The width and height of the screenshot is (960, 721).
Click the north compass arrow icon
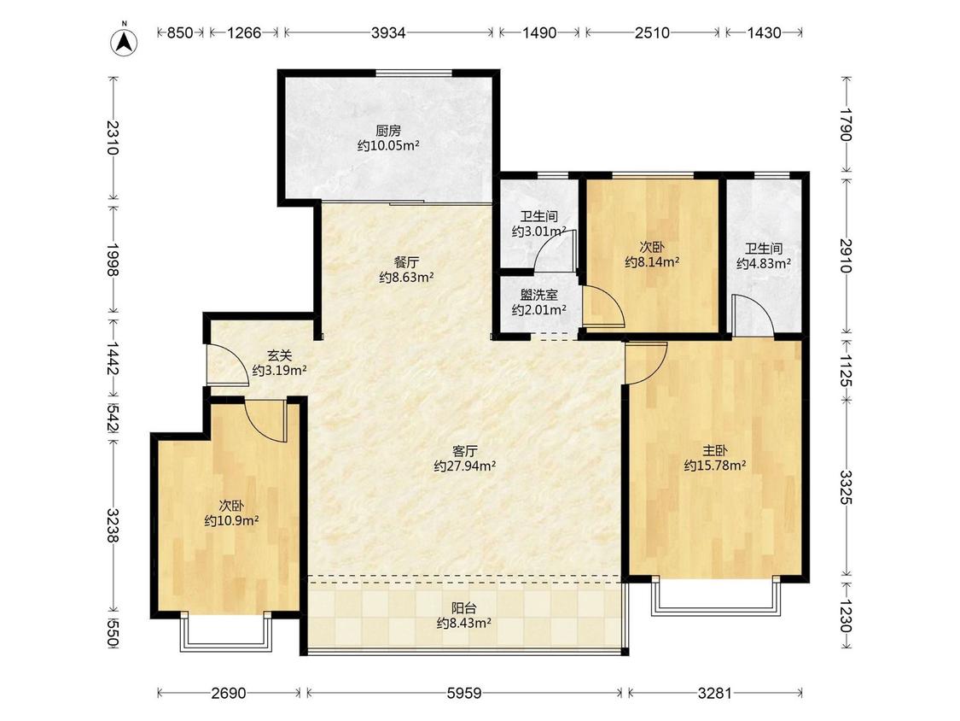coord(124,42)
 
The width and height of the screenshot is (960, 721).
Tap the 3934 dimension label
coord(388,32)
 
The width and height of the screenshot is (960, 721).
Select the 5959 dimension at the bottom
coord(464,693)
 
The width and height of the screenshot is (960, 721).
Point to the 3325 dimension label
coord(845,488)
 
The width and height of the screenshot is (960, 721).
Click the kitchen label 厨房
coord(388,131)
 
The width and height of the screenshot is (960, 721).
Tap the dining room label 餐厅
coord(406,261)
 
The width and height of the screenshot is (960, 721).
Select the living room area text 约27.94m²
coord(465,466)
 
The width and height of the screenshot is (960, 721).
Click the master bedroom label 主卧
coord(714,450)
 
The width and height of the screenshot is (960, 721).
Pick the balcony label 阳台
coord(464,608)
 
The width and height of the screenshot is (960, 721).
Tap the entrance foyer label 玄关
coord(279,355)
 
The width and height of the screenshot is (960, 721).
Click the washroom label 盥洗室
coord(538,295)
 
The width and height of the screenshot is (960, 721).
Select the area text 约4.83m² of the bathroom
coord(764,264)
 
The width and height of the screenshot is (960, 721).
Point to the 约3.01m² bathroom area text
coord(538,232)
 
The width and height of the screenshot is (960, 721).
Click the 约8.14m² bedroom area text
coord(652,262)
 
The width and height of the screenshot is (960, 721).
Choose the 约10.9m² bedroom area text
coord(231,521)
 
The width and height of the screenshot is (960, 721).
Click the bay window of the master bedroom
coord(716,596)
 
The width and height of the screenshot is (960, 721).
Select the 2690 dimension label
coord(229,693)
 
